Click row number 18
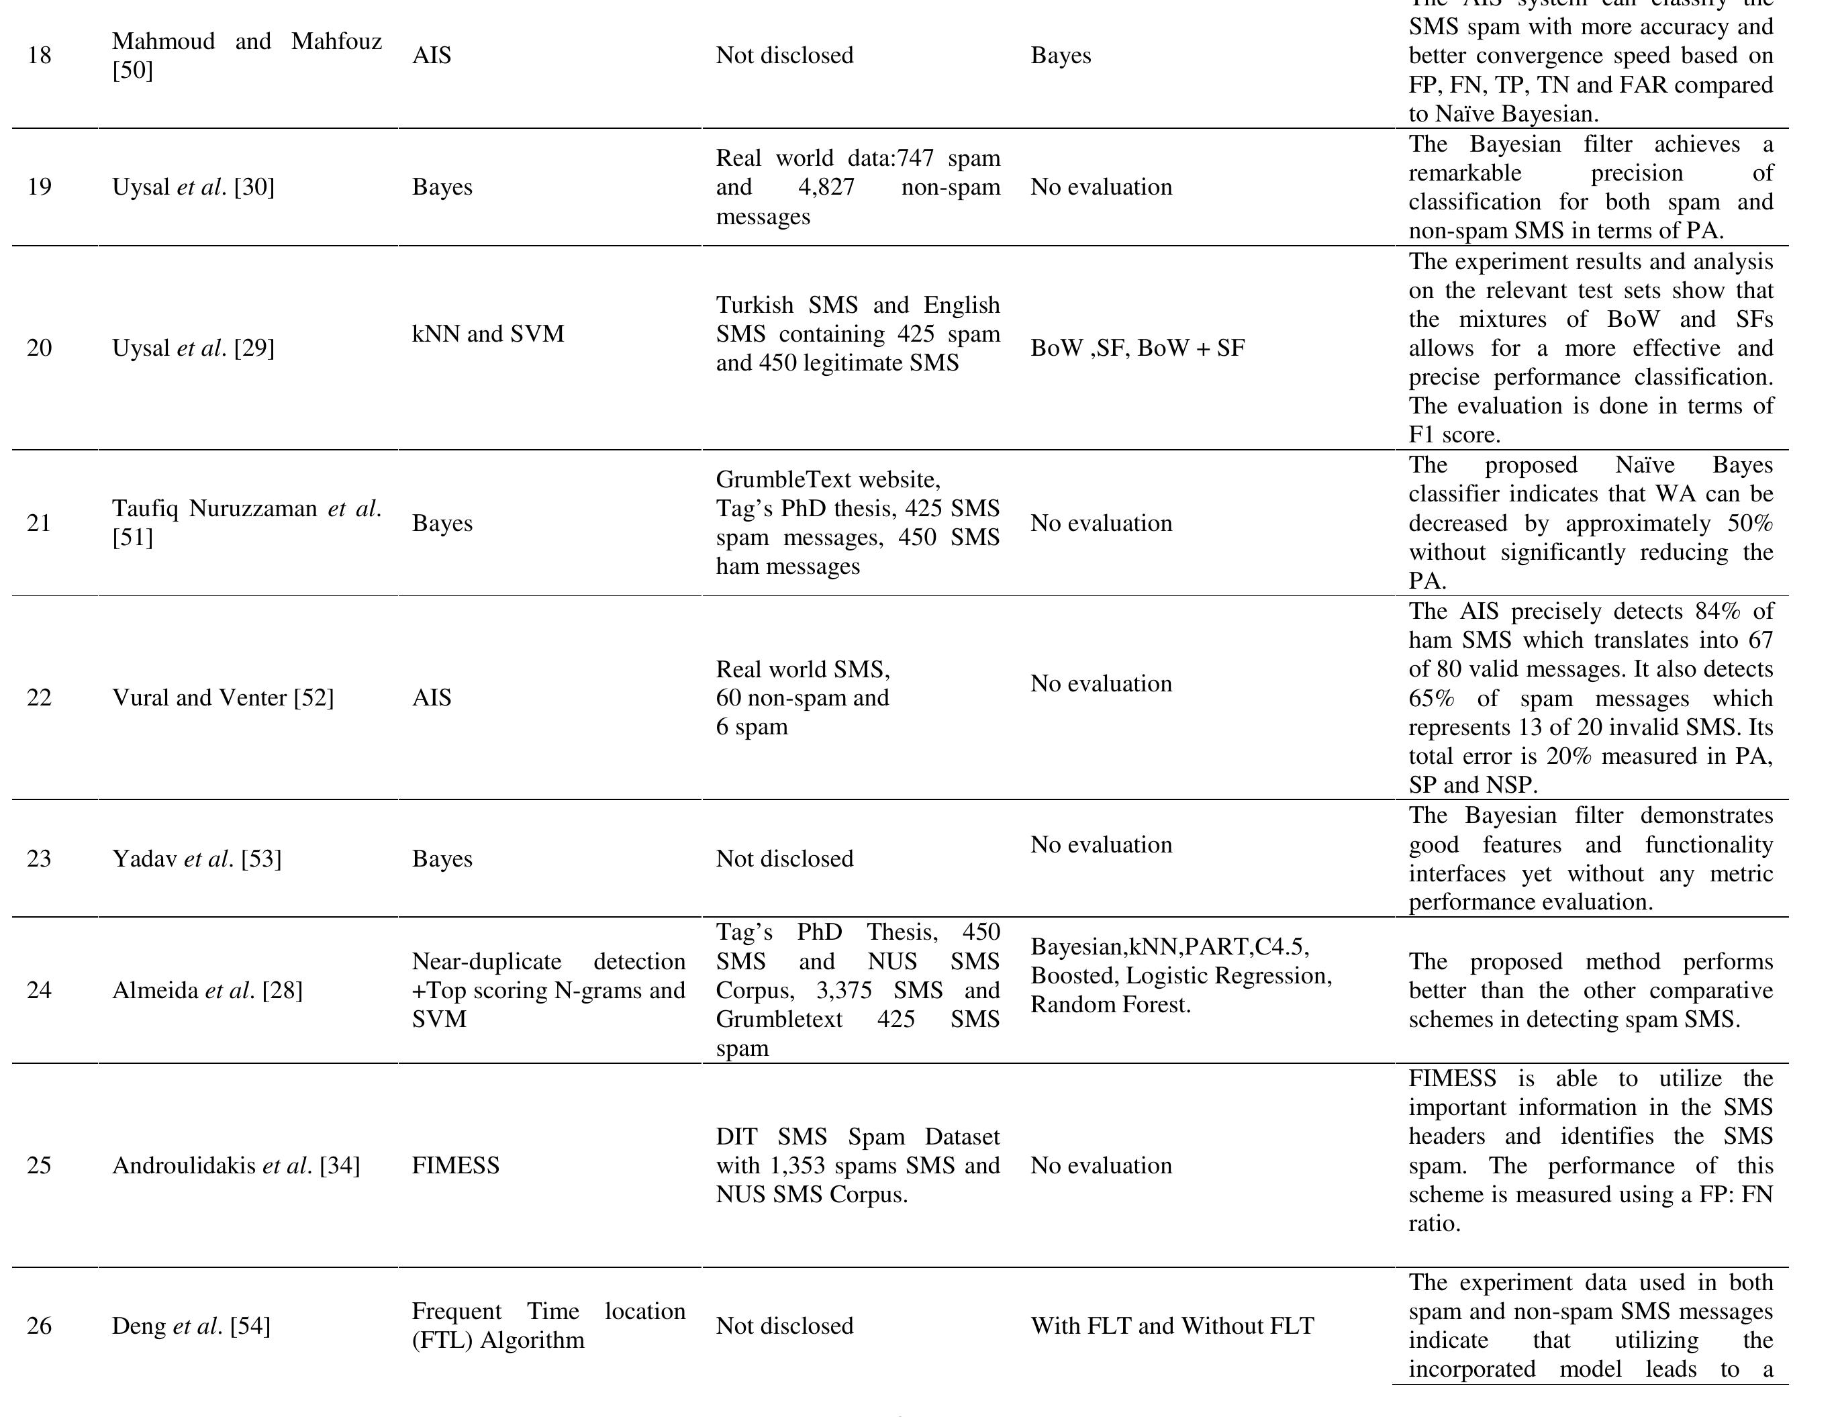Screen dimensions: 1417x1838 39,56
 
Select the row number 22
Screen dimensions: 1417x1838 39,697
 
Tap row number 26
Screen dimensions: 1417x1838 39,1326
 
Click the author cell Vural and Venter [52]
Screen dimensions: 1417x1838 223,697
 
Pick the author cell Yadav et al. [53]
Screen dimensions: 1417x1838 197,859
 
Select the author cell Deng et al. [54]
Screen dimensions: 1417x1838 191,1326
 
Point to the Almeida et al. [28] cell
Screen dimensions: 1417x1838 207,990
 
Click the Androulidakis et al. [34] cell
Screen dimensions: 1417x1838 236,1165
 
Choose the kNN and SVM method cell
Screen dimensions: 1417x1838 488,334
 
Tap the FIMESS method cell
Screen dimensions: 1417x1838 455,1165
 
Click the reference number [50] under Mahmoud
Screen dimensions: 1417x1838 133,70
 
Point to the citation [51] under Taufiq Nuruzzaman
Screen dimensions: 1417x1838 133,537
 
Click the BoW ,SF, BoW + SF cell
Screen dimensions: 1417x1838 1138,348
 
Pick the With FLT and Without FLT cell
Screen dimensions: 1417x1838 1172,1326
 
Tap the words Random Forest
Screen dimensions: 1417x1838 1110,1005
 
